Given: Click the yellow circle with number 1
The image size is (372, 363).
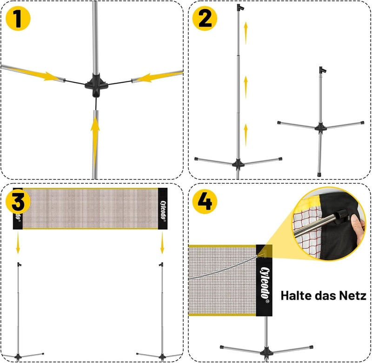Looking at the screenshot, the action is tap(18, 19).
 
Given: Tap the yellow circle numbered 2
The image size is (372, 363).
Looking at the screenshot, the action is tap(205, 19).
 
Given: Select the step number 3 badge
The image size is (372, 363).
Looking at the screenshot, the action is tap(18, 202).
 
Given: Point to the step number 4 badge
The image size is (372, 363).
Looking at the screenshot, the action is tap(205, 202).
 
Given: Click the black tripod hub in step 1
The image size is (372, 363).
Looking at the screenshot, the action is tap(96, 85).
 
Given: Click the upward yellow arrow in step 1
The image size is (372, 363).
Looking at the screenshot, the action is tap(95, 143).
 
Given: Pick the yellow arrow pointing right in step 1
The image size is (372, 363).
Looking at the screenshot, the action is tap(36, 74).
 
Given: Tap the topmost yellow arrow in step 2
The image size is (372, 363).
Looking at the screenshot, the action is tap(246, 33).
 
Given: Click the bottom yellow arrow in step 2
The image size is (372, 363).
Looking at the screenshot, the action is tap(246, 135).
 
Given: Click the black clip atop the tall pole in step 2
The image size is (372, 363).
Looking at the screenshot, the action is tap(240, 7).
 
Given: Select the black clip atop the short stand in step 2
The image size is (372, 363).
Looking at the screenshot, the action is tap(322, 70).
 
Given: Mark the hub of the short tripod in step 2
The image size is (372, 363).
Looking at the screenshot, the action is tap(320, 128).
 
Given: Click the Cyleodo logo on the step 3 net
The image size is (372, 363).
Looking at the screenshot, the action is tap(163, 210).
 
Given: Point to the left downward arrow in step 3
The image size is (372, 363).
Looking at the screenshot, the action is tap(18, 243).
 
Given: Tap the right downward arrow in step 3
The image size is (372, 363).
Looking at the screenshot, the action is tap(162, 243).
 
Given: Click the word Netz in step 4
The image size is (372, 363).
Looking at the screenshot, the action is tap(352, 296).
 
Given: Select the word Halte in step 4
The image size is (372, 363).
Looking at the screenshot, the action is tap(296, 296).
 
